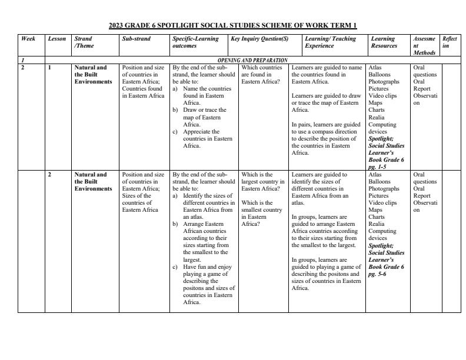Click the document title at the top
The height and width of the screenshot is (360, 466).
pyautogui.click(x=233, y=26)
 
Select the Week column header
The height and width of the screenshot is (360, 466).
pyautogui.click(x=28, y=39)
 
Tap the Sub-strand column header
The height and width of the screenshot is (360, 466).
pyautogui.click(x=136, y=39)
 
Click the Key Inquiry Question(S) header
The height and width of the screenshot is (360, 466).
pyautogui.click(x=259, y=39)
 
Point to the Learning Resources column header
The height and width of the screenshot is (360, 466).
pyautogui.click(x=384, y=42)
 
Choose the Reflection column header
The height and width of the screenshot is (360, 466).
pyautogui.click(x=450, y=42)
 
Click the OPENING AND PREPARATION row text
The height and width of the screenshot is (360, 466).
pyautogui.click(x=252, y=60)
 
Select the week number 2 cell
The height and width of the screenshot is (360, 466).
pyautogui.click(x=23, y=68)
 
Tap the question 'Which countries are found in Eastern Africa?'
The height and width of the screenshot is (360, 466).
pyautogui.click(x=262, y=75)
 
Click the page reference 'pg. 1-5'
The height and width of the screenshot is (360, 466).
pyautogui.click(x=378, y=167)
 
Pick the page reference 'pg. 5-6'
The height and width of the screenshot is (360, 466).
pyautogui.click(x=378, y=274)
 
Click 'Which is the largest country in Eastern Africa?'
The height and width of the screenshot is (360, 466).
pyautogui.click(x=262, y=182)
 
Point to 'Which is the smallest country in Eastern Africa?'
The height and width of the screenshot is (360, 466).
pyautogui.click(x=262, y=214)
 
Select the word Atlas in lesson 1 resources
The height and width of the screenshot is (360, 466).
pyautogui.click(x=375, y=68)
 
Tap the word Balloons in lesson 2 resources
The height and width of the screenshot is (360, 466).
pyautogui.click(x=380, y=182)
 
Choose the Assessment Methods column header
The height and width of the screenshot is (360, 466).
pyautogui.click(x=424, y=45)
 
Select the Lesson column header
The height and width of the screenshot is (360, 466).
pyautogui.click(x=57, y=39)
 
